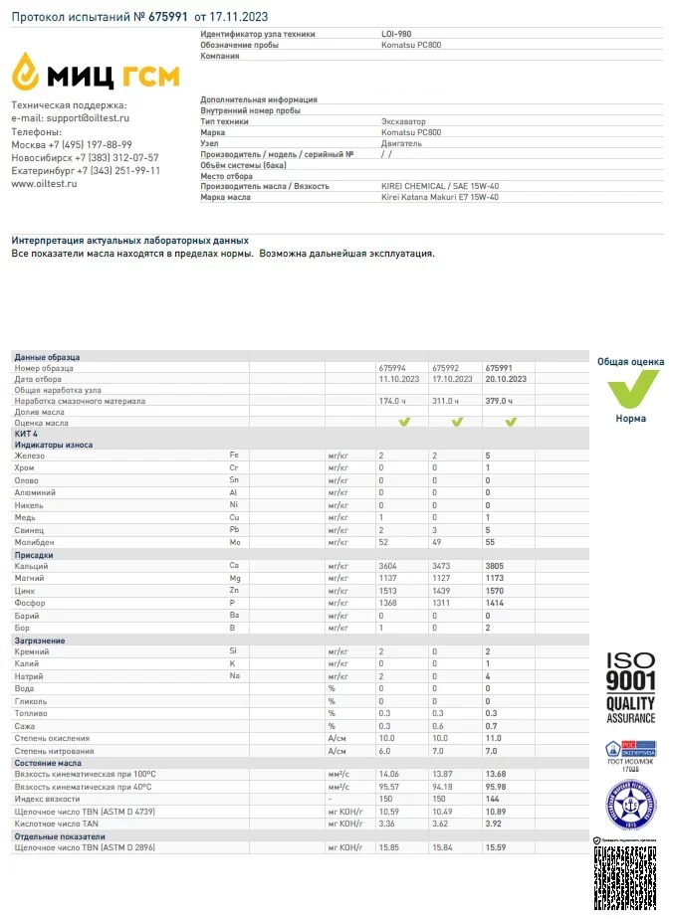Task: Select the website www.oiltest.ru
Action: point(44,183)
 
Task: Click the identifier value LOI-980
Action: point(396,34)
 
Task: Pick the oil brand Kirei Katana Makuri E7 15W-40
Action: point(440,197)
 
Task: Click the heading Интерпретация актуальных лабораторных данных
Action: point(129,241)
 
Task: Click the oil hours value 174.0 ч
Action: point(395,401)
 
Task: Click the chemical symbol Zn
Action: point(235,591)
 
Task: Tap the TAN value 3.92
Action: point(495,824)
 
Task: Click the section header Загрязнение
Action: point(40,641)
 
